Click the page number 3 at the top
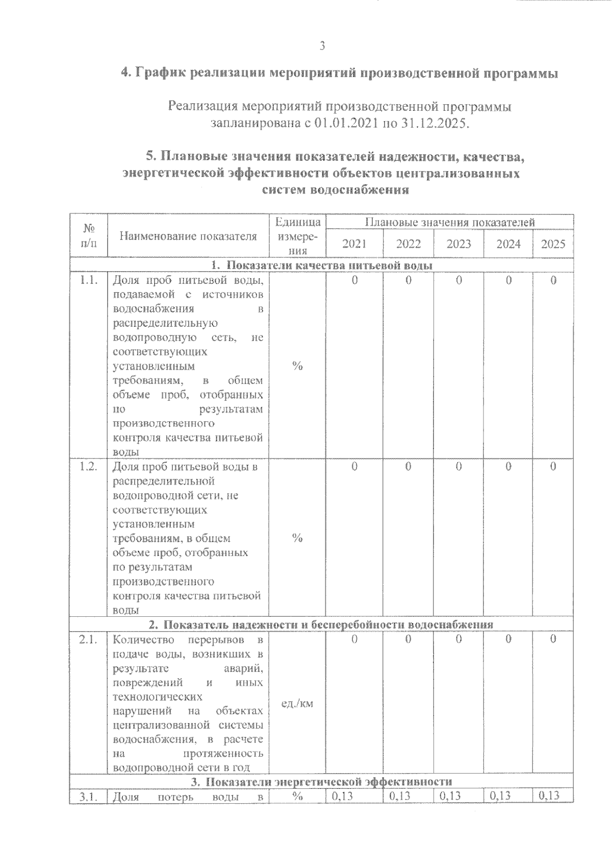(x=322, y=45)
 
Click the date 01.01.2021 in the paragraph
(x=343, y=124)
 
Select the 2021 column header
(x=354, y=244)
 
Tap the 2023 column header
(x=458, y=244)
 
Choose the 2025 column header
(x=553, y=244)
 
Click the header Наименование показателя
(x=188, y=236)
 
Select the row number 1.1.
(x=89, y=280)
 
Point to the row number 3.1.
(x=89, y=796)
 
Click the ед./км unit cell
(x=297, y=704)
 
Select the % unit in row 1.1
(x=297, y=366)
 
